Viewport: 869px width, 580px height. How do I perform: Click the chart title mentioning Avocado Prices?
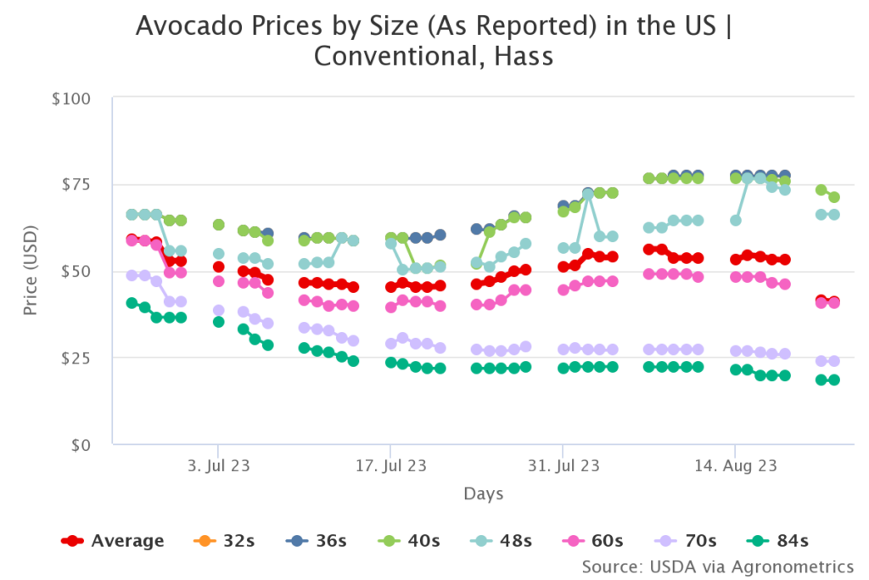(x=434, y=41)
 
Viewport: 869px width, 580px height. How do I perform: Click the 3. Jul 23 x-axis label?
(x=218, y=465)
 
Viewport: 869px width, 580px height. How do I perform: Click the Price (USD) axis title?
(x=31, y=272)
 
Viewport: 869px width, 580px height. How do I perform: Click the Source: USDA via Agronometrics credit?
(x=717, y=566)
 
